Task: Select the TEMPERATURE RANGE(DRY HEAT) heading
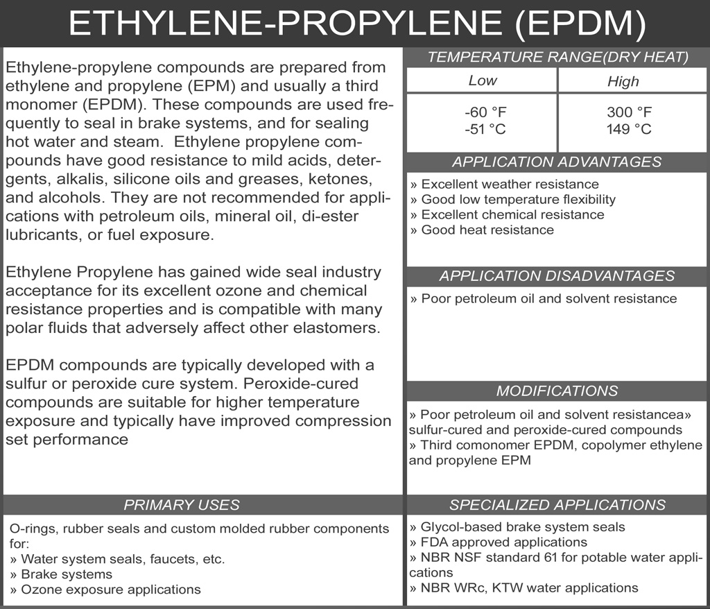click(x=557, y=58)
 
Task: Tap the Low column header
click(x=483, y=80)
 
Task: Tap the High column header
click(x=623, y=82)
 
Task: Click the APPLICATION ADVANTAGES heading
click(x=557, y=162)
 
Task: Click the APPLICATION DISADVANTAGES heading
click(x=557, y=276)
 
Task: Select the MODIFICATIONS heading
click(x=557, y=391)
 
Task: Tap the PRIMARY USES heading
click(x=181, y=505)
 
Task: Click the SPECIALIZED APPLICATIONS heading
click(x=557, y=505)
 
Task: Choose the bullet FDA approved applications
click(x=499, y=542)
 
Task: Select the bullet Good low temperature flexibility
click(x=512, y=200)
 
